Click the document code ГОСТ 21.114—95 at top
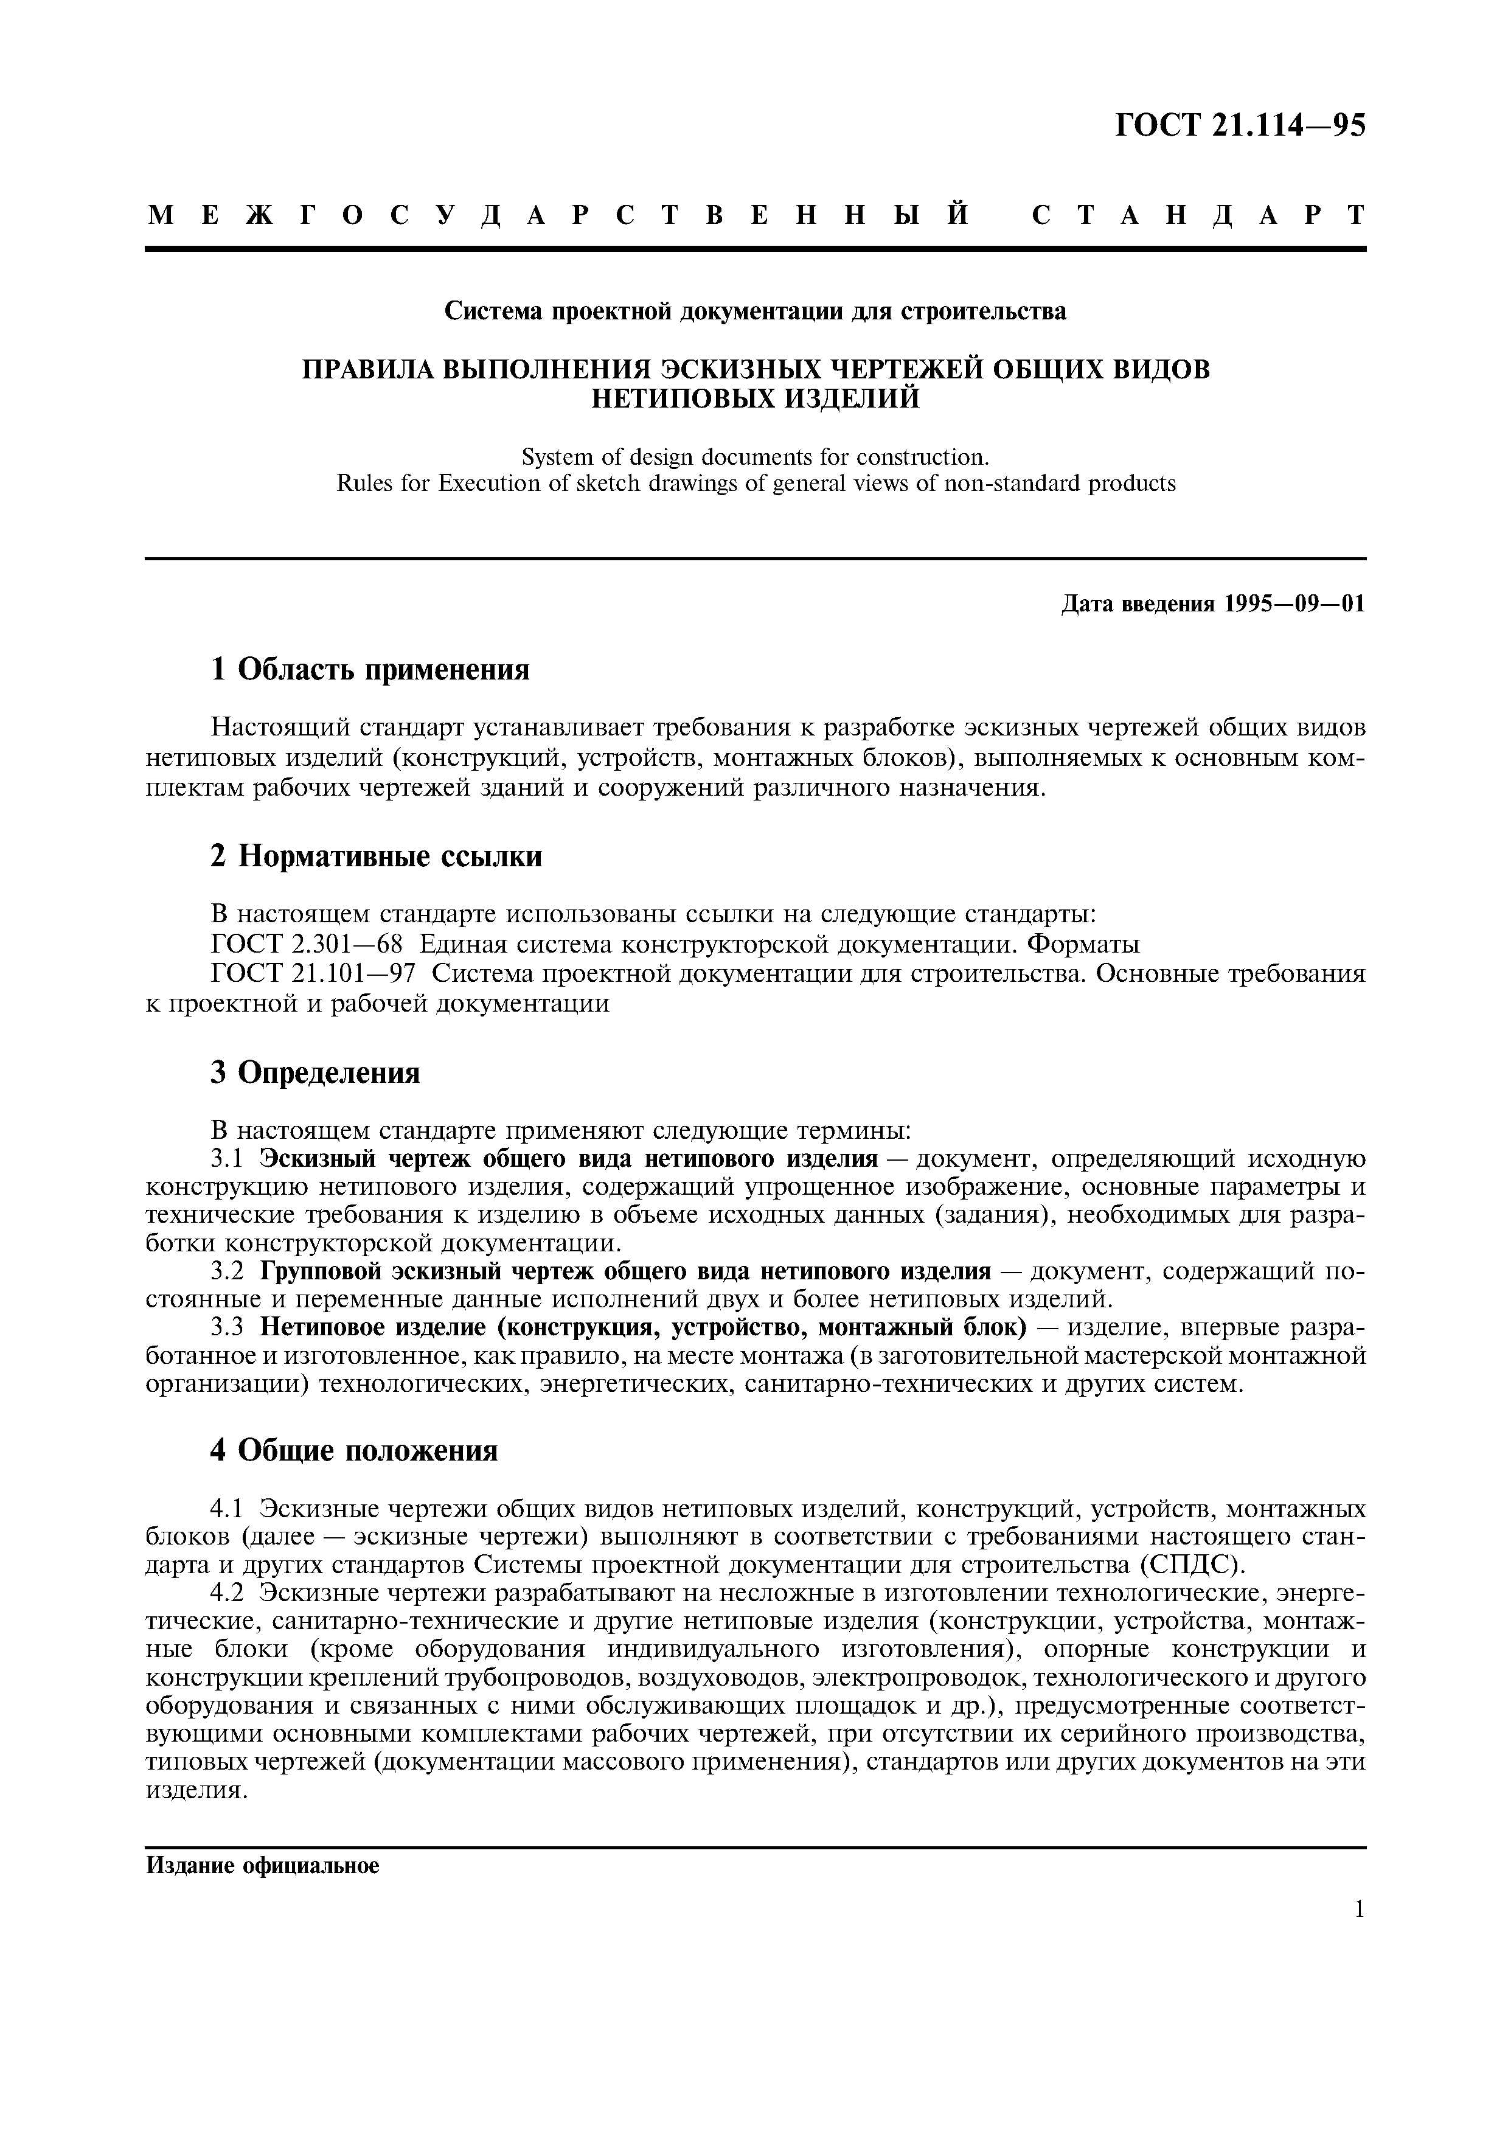coord(1240,125)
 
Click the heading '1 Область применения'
coord(370,669)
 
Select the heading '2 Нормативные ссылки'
coord(377,856)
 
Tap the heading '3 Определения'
coord(315,1072)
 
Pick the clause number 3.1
coord(227,1159)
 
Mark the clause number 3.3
coord(227,1326)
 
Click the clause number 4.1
coord(227,1507)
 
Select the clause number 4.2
coord(227,1592)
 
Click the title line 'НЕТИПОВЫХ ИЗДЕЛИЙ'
coord(756,398)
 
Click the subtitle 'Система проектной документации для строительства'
coord(756,311)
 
